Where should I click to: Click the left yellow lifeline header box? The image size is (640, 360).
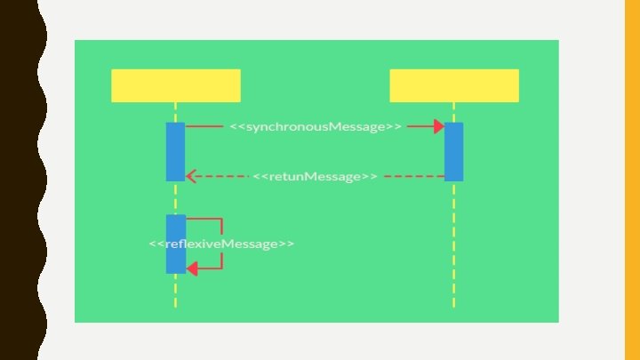[x=175, y=85]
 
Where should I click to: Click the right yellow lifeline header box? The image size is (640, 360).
[x=453, y=85]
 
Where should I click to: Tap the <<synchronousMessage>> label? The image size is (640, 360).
[x=316, y=127]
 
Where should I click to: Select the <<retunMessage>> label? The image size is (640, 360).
[x=315, y=176]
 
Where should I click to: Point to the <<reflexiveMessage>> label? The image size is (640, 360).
[x=221, y=244]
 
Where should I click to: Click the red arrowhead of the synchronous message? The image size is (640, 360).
[x=438, y=127]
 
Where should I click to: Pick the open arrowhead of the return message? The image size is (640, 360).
[x=190, y=176]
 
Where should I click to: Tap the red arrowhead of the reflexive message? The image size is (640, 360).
[x=191, y=268]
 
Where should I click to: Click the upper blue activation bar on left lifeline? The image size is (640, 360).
[x=175, y=151]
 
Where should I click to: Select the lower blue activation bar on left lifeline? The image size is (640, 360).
[x=175, y=244]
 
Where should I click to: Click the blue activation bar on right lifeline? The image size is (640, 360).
[x=453, y=151]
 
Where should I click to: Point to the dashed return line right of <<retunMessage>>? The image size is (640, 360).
[x=413, y=176]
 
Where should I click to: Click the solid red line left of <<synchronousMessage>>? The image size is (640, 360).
[x=204, y=127]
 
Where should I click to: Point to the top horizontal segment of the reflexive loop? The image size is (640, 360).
[x=204, y=219]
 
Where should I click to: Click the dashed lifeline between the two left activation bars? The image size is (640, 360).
[x=175, y=197]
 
